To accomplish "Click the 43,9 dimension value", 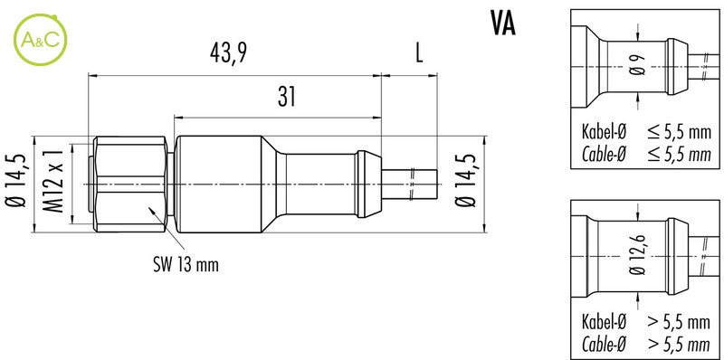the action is (228, 54).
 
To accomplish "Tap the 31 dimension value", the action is (286, 97).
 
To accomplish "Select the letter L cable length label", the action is (419, 54).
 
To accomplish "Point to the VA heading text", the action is (502, 24).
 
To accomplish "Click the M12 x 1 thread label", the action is (54, 185).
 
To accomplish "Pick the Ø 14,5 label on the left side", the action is (16, 183).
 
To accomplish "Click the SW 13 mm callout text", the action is (186, 265).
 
